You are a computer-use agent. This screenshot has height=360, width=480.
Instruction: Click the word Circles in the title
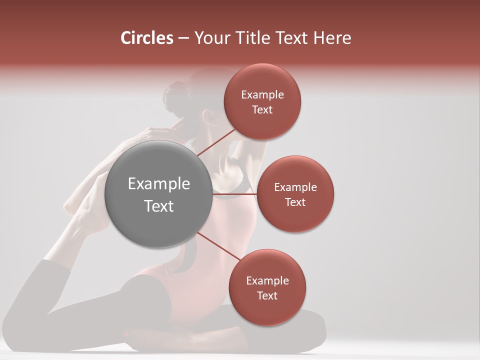(x=147, y=38)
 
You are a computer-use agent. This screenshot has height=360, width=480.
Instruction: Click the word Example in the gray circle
(x=159, y=184)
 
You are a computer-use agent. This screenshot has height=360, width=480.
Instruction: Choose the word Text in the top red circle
(x=262, y=110)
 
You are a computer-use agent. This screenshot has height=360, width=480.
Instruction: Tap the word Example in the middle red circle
(x=295, y=187)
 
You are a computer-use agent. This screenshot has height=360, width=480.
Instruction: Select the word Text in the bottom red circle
(x=267, y=296)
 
